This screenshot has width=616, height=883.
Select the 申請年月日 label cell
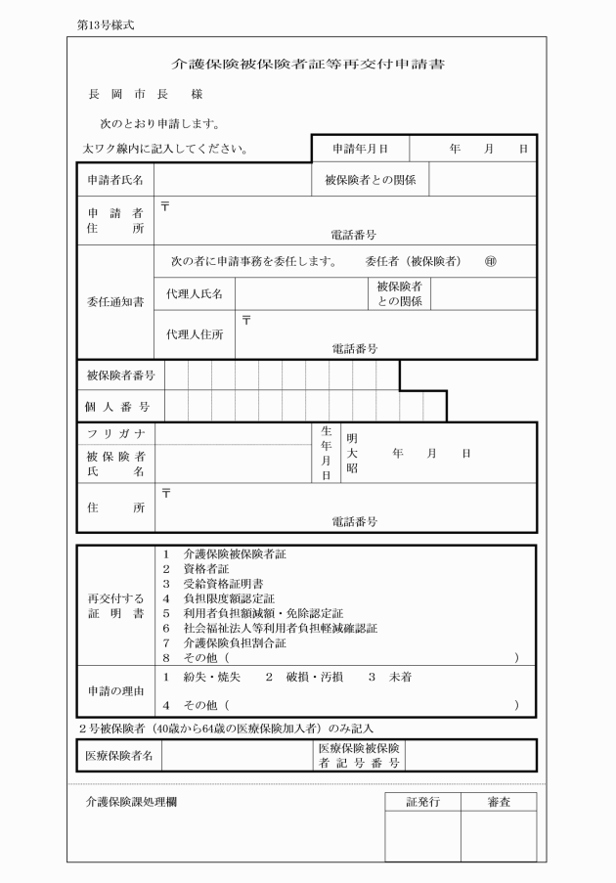coord(360,149)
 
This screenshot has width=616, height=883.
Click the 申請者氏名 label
coord(115,181)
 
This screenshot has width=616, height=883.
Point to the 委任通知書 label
coord(115,302)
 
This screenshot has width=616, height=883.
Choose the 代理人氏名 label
coord(195,293)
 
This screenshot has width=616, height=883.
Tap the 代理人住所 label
coord(195,334)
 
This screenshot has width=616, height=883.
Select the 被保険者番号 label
coord(120,375)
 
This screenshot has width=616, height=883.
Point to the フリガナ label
coord(115,433)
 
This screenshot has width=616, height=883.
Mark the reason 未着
coord(398,677)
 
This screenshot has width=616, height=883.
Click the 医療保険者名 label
coord(118,755)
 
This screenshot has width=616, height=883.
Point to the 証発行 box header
coord(422,802)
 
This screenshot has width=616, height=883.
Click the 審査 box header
coord(499,802)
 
